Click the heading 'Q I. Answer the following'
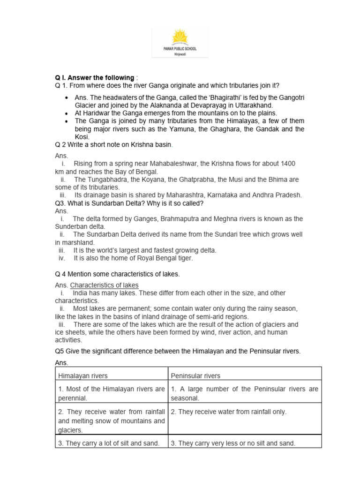coord(94,77)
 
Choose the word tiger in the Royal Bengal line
coord(183,258)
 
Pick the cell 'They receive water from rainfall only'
coord(228,412)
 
